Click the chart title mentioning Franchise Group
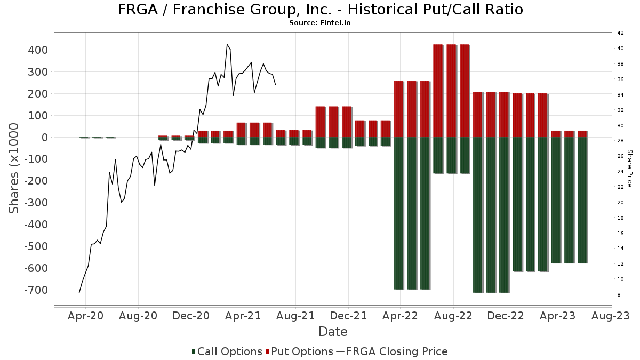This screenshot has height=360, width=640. coord(319,10)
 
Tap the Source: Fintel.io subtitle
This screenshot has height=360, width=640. coord(319,23)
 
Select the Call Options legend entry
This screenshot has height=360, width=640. coord(227,351)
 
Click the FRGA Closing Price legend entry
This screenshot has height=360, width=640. coord(392,351)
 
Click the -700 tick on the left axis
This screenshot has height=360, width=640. coord(35,290)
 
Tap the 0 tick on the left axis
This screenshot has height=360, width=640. coord(45,138)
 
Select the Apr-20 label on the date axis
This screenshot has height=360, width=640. coord(86,316)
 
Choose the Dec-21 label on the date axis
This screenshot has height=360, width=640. coord(348,316)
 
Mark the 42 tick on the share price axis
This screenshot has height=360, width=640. coord(620,33)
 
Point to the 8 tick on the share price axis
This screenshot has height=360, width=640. coord(619,295)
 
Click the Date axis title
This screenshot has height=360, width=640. coord(333,332)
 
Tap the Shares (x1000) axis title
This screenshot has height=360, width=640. coord(14,168)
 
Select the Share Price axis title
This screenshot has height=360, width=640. coord(629,168)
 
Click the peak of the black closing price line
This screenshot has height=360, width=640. coord(227,44)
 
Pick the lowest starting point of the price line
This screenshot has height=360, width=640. coord(79,292)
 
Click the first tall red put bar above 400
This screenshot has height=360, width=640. coord(438,91)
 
